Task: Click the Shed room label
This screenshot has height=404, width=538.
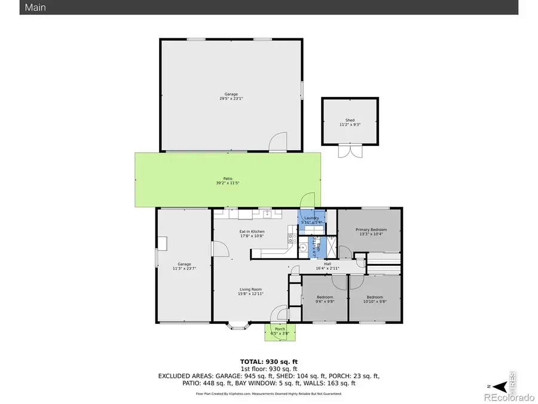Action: click(x=350, y=123)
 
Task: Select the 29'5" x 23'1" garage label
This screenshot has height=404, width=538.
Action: click(x=231, y=96)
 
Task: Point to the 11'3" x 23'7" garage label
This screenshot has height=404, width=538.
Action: click(x=184, y=266)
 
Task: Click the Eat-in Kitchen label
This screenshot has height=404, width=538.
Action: click(x=252, y=233)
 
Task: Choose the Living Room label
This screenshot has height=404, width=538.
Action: click(x=251, y=291)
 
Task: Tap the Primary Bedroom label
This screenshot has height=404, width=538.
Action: click(x=371, y=232)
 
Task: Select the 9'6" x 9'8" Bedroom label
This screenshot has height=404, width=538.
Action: click(x=325, y=299)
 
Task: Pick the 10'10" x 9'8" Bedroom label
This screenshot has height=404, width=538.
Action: click(x=374, y=299)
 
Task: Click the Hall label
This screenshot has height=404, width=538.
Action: click(x=327, y=266)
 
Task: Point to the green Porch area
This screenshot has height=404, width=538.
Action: click(x=280, y=332)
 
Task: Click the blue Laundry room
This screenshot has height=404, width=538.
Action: click(x=312, y=220)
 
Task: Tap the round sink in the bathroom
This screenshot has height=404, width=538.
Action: click(x=303, y=247)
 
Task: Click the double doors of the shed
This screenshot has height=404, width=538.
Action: click(x=350, y=151)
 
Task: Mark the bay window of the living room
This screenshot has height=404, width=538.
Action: click(x=239, y=326)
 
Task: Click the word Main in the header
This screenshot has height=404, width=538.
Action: click(x=35, y=8)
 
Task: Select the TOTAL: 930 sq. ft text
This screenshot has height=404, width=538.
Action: click(x=268, y=362)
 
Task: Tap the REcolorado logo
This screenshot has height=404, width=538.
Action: click(x=509, y=397)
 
